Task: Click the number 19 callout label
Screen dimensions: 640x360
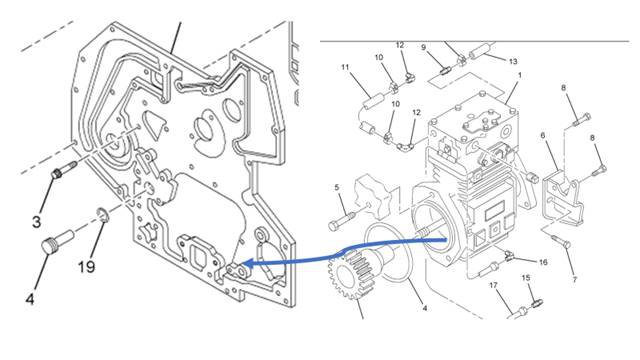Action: point(87,267)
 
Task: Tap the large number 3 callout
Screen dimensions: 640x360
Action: point(37,222)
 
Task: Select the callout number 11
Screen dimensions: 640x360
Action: point(345,67)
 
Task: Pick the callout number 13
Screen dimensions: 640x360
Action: point(513,61)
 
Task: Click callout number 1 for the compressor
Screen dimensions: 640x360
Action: point(520,76)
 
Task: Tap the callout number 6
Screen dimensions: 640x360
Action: point(543,135)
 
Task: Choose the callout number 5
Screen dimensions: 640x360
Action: point(337,187)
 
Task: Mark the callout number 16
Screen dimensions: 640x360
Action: point(543,262)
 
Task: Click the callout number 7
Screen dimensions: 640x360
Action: point(575,280)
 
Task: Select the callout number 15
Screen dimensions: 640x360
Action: point(526,278)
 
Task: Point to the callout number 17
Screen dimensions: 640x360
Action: point(493,285)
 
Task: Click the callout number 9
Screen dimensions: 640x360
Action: point(423,48)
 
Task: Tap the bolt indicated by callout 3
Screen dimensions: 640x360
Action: point(64,169)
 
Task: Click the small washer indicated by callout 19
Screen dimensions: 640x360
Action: point(102,215)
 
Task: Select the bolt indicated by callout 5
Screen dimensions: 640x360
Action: point(342,220)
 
